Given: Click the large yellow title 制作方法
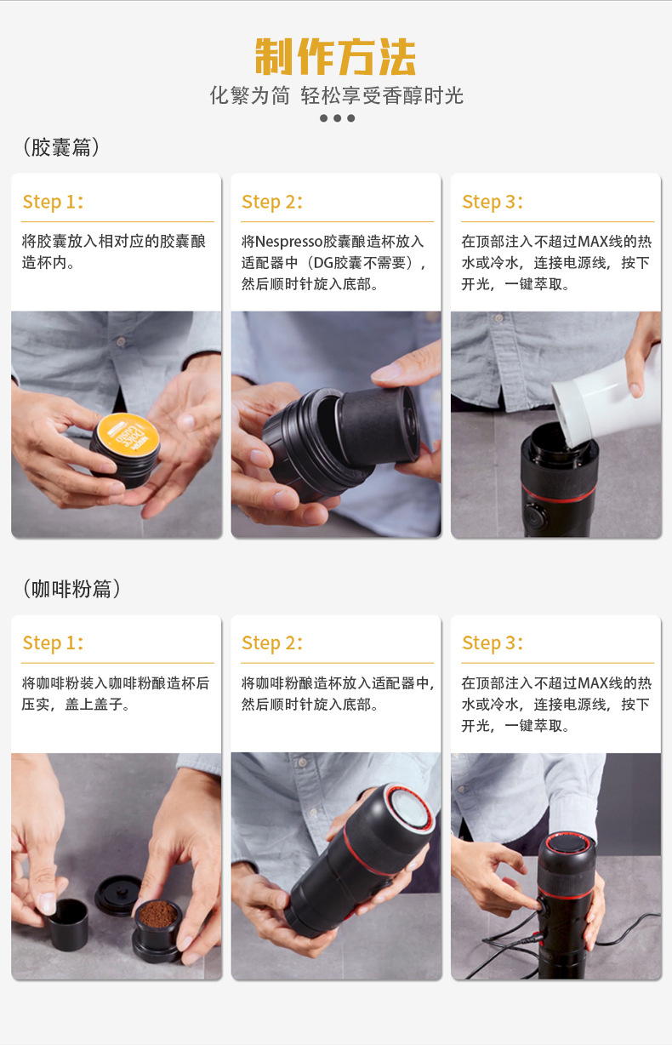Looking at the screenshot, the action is pos(335,56).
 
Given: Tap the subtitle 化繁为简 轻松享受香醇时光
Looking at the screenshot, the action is pos(336,95).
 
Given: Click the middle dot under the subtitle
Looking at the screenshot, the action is pos(337,118).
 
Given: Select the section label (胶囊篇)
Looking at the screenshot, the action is pos(61,147).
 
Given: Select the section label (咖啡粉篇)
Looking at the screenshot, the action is pos(71,589).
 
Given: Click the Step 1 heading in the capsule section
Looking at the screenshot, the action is pos(53,202).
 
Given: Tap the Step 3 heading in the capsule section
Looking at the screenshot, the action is pos(493,202).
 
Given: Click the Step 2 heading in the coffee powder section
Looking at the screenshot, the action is pos(272,642).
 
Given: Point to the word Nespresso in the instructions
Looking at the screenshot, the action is pos(289,242).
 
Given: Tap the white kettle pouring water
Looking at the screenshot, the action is pos(607,400).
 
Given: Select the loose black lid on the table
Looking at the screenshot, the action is pos(118,894).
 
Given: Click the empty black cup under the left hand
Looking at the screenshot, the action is pos(69,924).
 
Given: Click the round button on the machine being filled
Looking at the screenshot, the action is pos(534,517).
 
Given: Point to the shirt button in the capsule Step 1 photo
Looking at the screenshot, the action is pos(122,342).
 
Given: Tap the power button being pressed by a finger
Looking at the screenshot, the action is pos(544,906).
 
